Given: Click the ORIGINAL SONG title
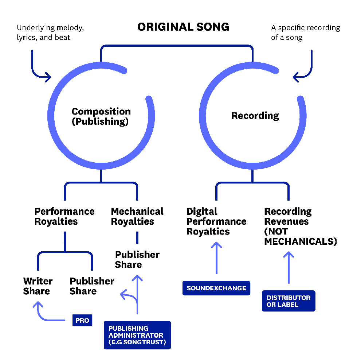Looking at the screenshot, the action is [183, 27].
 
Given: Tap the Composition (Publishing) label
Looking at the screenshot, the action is [101, 116].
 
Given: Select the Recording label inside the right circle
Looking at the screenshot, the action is [255, 116].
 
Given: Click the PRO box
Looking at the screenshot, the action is [82, 320].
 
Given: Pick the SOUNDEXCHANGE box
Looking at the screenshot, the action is [216, 288].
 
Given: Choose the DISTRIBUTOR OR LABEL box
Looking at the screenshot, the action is [289, 301].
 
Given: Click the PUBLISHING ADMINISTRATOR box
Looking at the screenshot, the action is [137, 335].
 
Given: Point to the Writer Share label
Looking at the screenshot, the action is [38, 286].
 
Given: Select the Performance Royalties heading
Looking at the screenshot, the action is [64, 216].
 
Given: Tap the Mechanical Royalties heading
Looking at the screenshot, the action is [137, 216].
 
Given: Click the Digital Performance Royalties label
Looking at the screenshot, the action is [216, 221].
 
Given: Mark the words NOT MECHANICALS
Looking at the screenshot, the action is [301, 236].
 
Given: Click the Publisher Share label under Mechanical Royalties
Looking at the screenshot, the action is [137, 259].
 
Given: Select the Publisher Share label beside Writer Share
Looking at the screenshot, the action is [92, 286].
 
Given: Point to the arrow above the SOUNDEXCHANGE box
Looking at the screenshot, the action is [216, 258].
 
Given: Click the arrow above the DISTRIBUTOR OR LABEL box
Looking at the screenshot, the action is [289, 268].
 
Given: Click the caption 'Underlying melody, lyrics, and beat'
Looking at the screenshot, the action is [50, 32].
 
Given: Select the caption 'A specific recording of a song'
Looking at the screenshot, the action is [306, 32].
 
